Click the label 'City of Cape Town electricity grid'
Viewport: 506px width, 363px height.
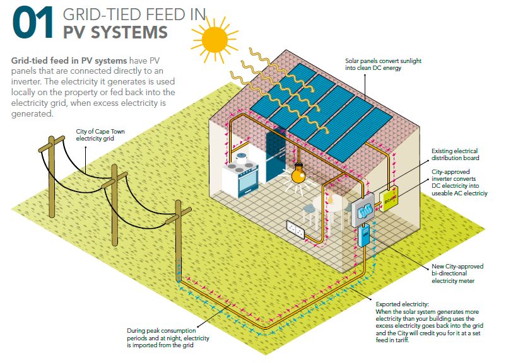click(x=96, y=134)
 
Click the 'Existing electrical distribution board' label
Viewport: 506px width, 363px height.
click(x=455, y=154)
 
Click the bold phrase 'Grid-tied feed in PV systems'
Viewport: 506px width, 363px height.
click(x=69, y=60)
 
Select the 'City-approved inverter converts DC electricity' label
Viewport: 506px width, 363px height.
click(x=459, y=182)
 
